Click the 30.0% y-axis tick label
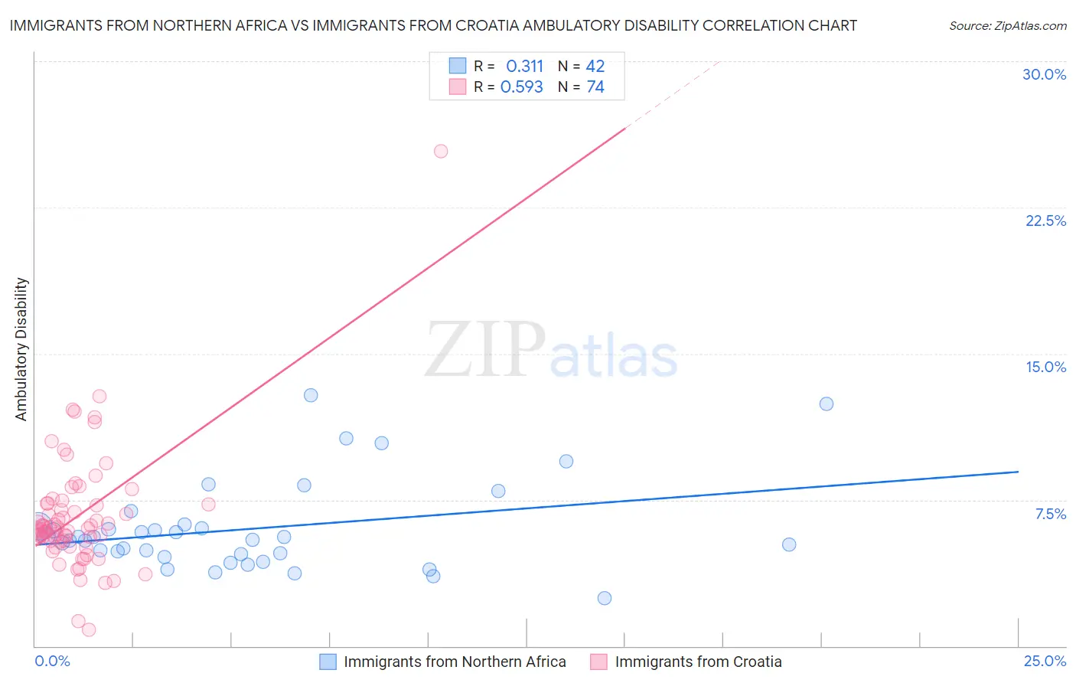click(1044, 74)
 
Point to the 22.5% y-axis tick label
click(1045, 221)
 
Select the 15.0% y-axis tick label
click(1045, 367)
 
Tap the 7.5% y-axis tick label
click(1050, 514)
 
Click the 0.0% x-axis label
click(52, 661)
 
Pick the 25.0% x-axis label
click(1045, 661)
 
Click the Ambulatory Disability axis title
click(21, 349)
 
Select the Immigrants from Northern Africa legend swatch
click(328, 662)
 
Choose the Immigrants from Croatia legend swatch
click(598, 662)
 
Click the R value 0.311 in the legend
click(524, 67)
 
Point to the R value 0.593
click(521, 87)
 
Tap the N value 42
click(595, 67)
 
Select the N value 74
click(595, 87)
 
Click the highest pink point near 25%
click(441, 151)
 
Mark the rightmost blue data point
click(827, 404)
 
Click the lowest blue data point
click(605, 598)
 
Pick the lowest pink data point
click(89, 629)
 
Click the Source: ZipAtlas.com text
click(1007, 26)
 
